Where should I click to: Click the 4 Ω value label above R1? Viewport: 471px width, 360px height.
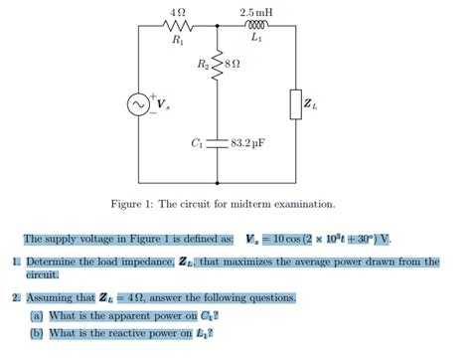[x=178, y=11]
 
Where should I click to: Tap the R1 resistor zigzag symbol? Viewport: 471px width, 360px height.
[x=178, y=28]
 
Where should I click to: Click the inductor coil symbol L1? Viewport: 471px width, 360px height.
[x=257, y=28]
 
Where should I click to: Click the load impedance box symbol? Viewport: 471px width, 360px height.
[x=296, y=102]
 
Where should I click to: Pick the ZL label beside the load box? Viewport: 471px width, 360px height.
[x=311, y=103]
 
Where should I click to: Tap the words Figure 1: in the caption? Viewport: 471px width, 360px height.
[x=133, y=204]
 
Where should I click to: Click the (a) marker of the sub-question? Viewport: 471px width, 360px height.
[x=37, y=316]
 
